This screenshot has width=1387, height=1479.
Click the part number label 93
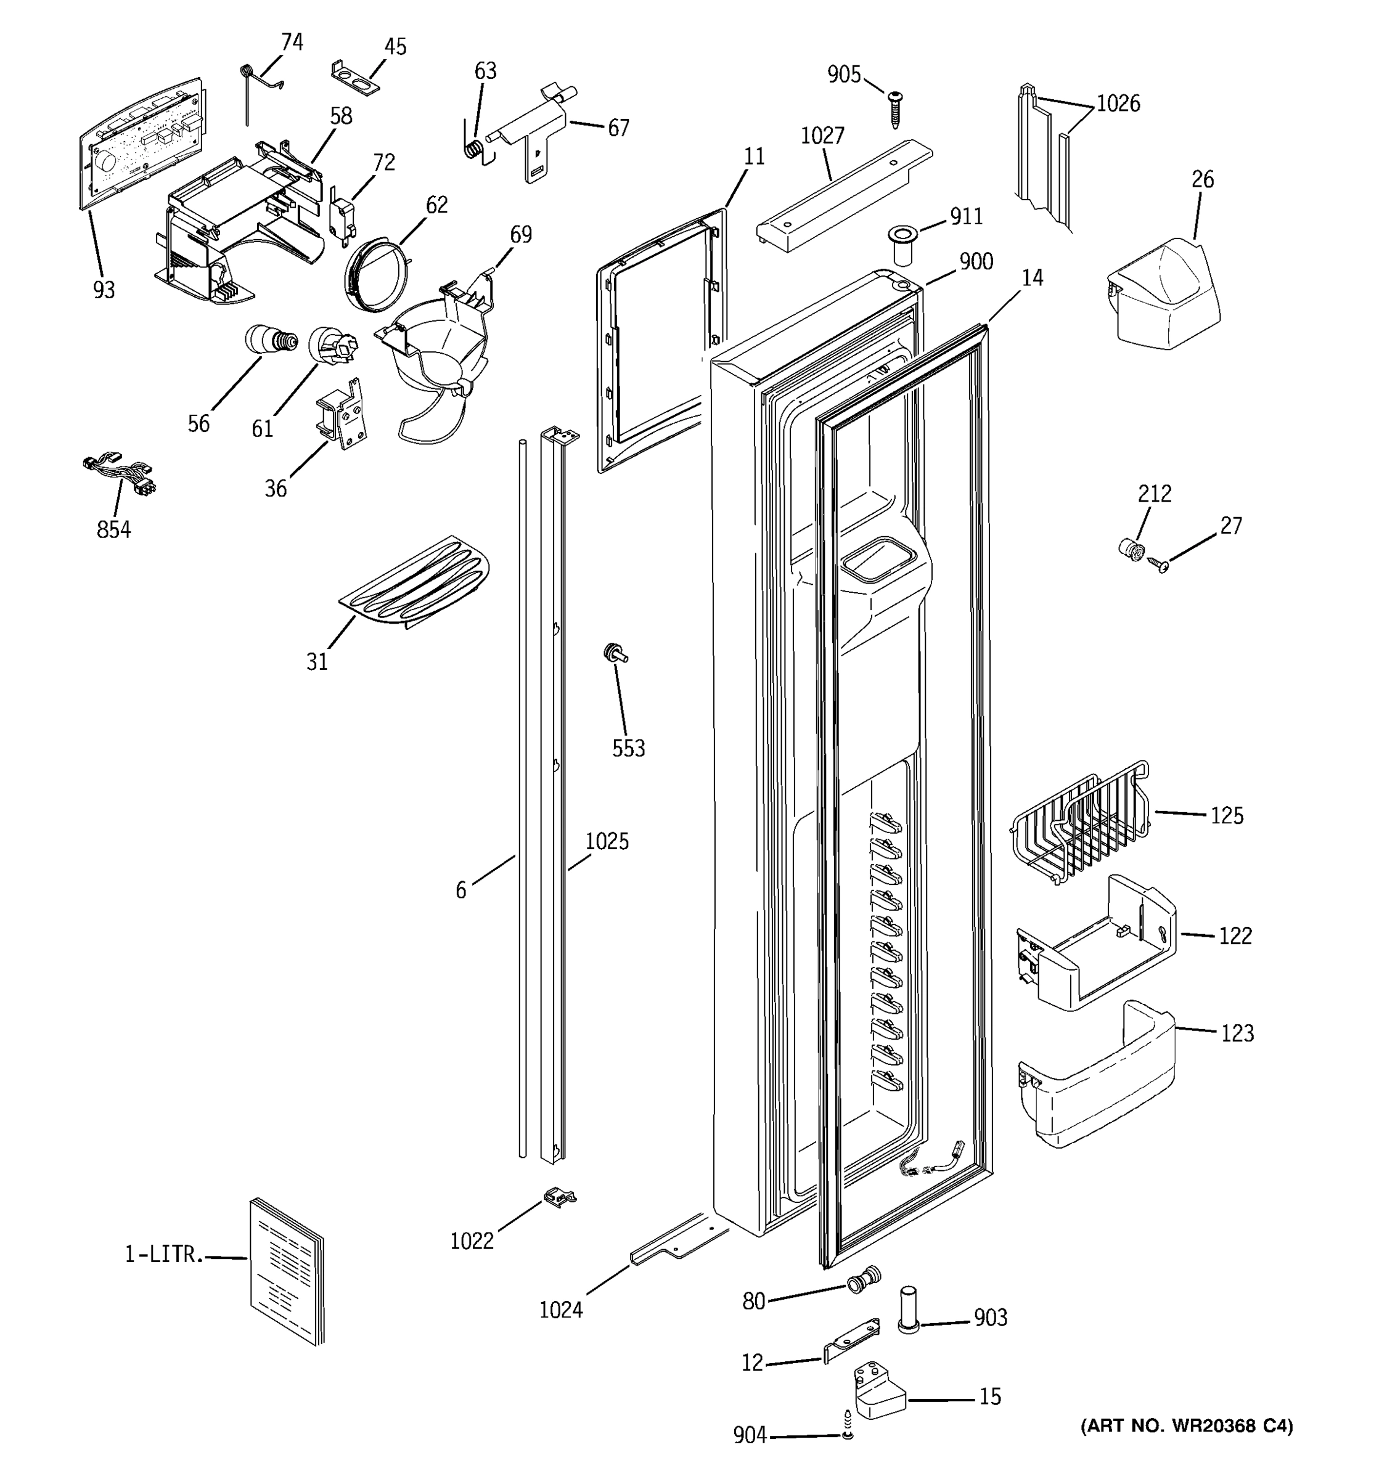tap(104, 290)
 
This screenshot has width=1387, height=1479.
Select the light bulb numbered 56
tap(270, 341)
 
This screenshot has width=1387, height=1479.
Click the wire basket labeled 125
tap(1082, 826)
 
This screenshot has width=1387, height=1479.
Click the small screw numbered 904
tap(847, 1435)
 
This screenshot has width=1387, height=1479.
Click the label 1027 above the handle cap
tap(822, 136)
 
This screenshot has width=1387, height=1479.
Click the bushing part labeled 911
tap(902, 247)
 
